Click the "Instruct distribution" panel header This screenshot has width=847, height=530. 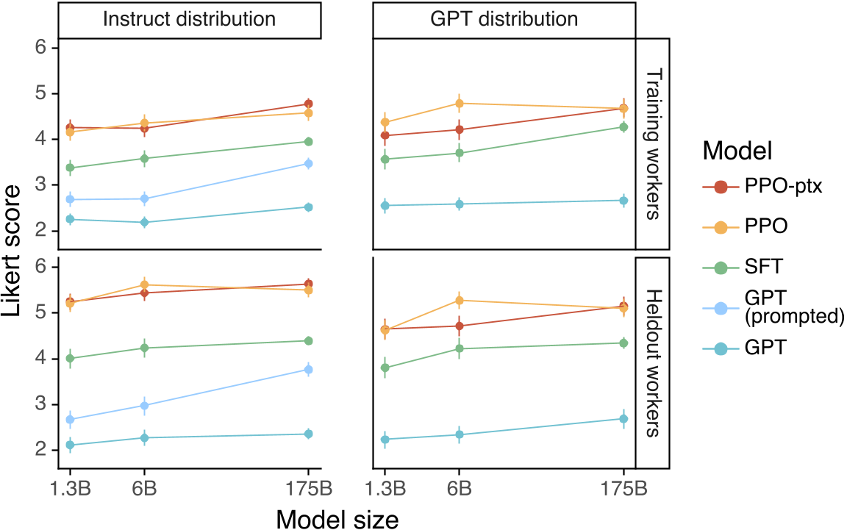189,19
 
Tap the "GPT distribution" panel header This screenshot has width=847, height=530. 504,19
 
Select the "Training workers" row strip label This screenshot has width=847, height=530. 653,144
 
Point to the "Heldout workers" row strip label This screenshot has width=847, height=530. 653,363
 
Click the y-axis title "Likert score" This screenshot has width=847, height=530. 12,251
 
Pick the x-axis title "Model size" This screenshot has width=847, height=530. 337,520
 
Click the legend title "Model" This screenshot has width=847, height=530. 737,151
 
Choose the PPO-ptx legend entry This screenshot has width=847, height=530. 762,187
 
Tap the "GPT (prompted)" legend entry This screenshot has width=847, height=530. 773,307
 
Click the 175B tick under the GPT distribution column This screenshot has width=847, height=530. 623,489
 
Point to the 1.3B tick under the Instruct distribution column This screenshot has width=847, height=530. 71,489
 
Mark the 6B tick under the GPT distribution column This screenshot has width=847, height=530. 459,489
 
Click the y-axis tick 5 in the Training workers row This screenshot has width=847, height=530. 40,93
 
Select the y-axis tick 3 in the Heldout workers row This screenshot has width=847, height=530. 40,404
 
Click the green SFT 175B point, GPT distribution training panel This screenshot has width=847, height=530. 623,127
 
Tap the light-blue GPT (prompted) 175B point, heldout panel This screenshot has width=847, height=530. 309,370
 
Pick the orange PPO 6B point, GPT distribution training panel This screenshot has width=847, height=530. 459,103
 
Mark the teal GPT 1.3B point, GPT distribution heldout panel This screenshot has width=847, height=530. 385,440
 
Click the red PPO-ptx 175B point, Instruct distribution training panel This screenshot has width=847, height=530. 309,104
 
